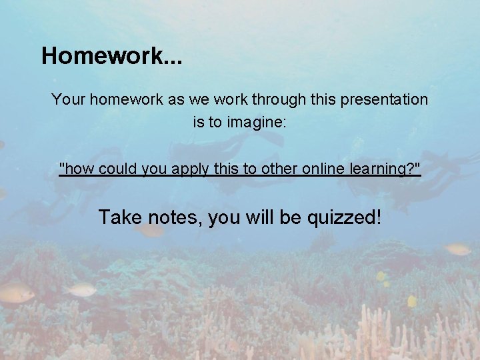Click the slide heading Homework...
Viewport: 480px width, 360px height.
point(111,55)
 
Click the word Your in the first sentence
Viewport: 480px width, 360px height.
point(68,100)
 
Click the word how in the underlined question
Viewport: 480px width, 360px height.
point(77,169)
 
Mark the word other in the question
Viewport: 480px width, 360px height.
point(277,169)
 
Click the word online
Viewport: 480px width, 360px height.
point(323,169)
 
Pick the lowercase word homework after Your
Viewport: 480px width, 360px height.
point(121,100)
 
